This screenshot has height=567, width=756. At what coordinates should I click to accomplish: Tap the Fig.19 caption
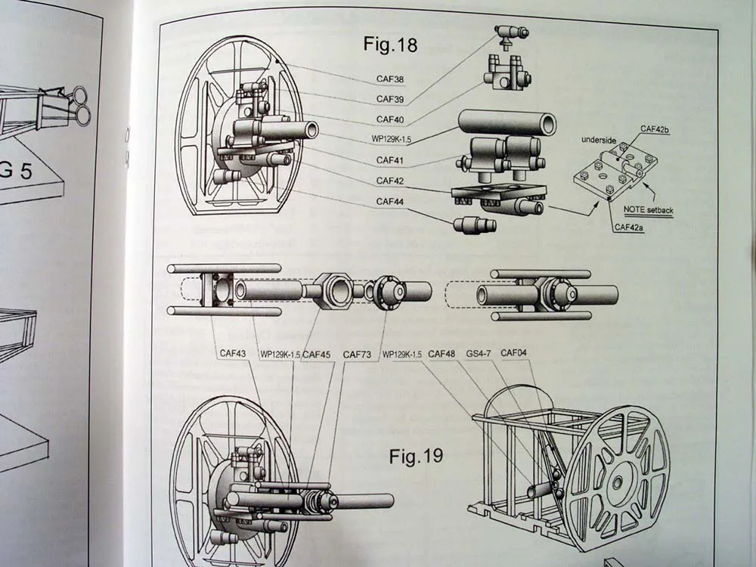(x=416, y=456)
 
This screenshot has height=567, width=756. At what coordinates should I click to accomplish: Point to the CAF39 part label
(x=392, y=99)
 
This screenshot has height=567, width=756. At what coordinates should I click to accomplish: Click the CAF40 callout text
(x=392, y=119)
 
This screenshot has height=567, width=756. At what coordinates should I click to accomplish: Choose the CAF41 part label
(x=392, y=161)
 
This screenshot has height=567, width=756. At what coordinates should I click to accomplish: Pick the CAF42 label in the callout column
(x=392, y=181)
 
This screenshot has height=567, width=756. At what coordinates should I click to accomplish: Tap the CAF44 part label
(x=392, y=202)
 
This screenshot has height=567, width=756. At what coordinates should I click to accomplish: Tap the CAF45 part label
(x=316, y=353)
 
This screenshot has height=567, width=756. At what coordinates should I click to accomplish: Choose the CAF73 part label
(x=358, y=353)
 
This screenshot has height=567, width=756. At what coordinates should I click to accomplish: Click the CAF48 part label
(x=442, y=353)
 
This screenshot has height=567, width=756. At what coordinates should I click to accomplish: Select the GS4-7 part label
(x=479, y=353)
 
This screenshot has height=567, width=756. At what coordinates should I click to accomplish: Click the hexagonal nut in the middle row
(x=331, y=291)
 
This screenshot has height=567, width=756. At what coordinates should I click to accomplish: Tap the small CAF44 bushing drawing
(x=475, y=225)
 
